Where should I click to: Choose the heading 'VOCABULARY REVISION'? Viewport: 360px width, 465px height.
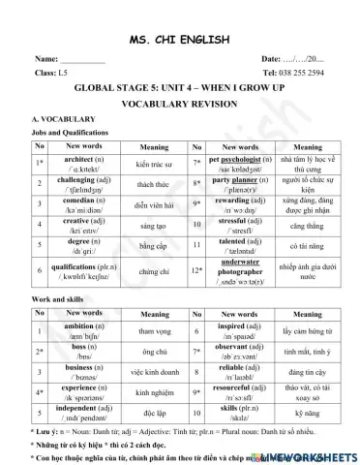point(180,101)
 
